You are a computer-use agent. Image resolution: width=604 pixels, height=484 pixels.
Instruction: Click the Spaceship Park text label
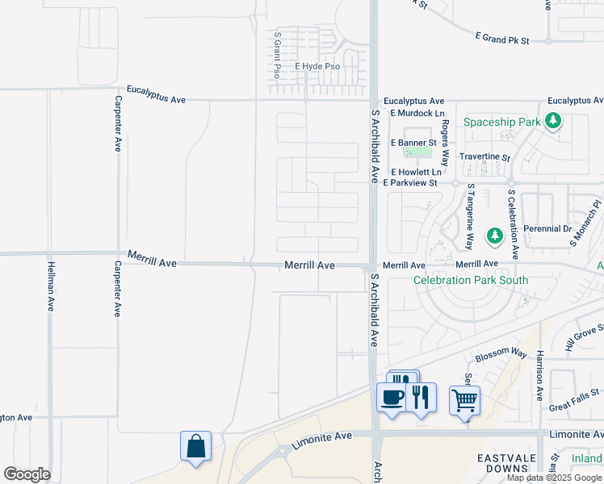pyautogui.click(x=501, y=123)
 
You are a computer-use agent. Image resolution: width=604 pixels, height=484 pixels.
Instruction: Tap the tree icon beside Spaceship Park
pyautogui.click(x=553, y=121)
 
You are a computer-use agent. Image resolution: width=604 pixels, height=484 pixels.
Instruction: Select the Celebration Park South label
pyautogui.click(x=471, y=280)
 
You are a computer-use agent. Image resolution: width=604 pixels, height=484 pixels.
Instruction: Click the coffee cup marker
pyautogui.click(x=392, y=398)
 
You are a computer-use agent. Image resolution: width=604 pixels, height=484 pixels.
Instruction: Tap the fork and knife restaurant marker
pyautogui.click(x=420, y=397)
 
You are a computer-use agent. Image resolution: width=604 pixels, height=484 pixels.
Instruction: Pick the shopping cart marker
pyautogui.click(x=464, y=399)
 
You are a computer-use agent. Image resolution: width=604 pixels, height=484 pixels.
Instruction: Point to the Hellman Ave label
pyautogui.click(x=50, y=287)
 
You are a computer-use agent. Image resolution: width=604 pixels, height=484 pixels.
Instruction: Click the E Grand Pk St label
pyautogui.click(x=501, y=39)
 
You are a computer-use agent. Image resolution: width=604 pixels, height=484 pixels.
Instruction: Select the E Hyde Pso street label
pyautogui.click(x=317, y=66)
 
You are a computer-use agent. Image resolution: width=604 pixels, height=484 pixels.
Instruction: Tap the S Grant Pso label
pyautogui.click(x=277, y=54)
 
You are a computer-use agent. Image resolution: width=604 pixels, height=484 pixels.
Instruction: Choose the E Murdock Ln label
pyautogui.click(x=417, y=113)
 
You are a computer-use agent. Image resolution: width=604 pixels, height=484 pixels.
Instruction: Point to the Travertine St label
pyautogui.click(x=484, y=158)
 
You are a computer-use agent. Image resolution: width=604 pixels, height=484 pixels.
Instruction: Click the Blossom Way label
pyautogui.click(x=501, y=353)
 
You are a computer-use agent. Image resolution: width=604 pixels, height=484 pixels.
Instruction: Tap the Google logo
pyautogui.click(x=27, y=474)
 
